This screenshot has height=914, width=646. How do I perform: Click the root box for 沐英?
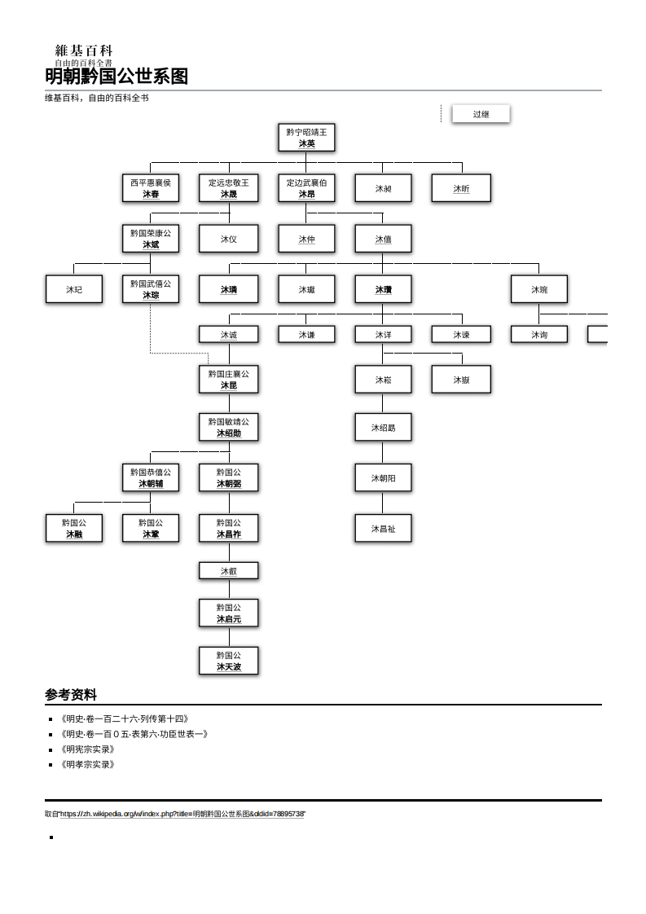point(306,138)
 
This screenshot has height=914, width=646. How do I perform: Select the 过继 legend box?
point(481,114)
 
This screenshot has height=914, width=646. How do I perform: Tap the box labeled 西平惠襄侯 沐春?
point(151,188)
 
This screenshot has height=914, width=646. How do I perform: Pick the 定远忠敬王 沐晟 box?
point(229,188)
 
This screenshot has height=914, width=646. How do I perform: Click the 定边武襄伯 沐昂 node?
point(306,188)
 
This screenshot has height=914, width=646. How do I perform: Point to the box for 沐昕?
point(461,188)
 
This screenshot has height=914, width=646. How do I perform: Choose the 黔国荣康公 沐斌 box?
point(151,239)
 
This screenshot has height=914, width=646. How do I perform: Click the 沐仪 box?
point(229,239)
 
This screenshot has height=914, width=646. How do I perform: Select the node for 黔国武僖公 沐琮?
point(151,289)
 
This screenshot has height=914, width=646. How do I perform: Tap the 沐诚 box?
point(229,335)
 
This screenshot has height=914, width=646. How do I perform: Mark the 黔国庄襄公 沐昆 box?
point(229,380)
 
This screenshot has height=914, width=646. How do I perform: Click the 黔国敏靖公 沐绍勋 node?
point(229,428)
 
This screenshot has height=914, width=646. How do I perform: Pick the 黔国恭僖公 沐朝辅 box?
point(151,478)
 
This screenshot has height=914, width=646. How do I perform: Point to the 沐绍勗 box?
point(383,428)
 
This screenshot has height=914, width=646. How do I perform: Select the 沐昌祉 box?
point(383,529)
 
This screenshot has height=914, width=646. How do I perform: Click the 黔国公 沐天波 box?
point(229,661)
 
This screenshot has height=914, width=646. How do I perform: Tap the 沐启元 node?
point(229,613)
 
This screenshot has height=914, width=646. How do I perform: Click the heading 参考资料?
point(71,695)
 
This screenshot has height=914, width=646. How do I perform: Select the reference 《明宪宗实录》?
point(87,749)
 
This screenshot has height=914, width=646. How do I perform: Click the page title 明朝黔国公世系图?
point(116,77)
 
